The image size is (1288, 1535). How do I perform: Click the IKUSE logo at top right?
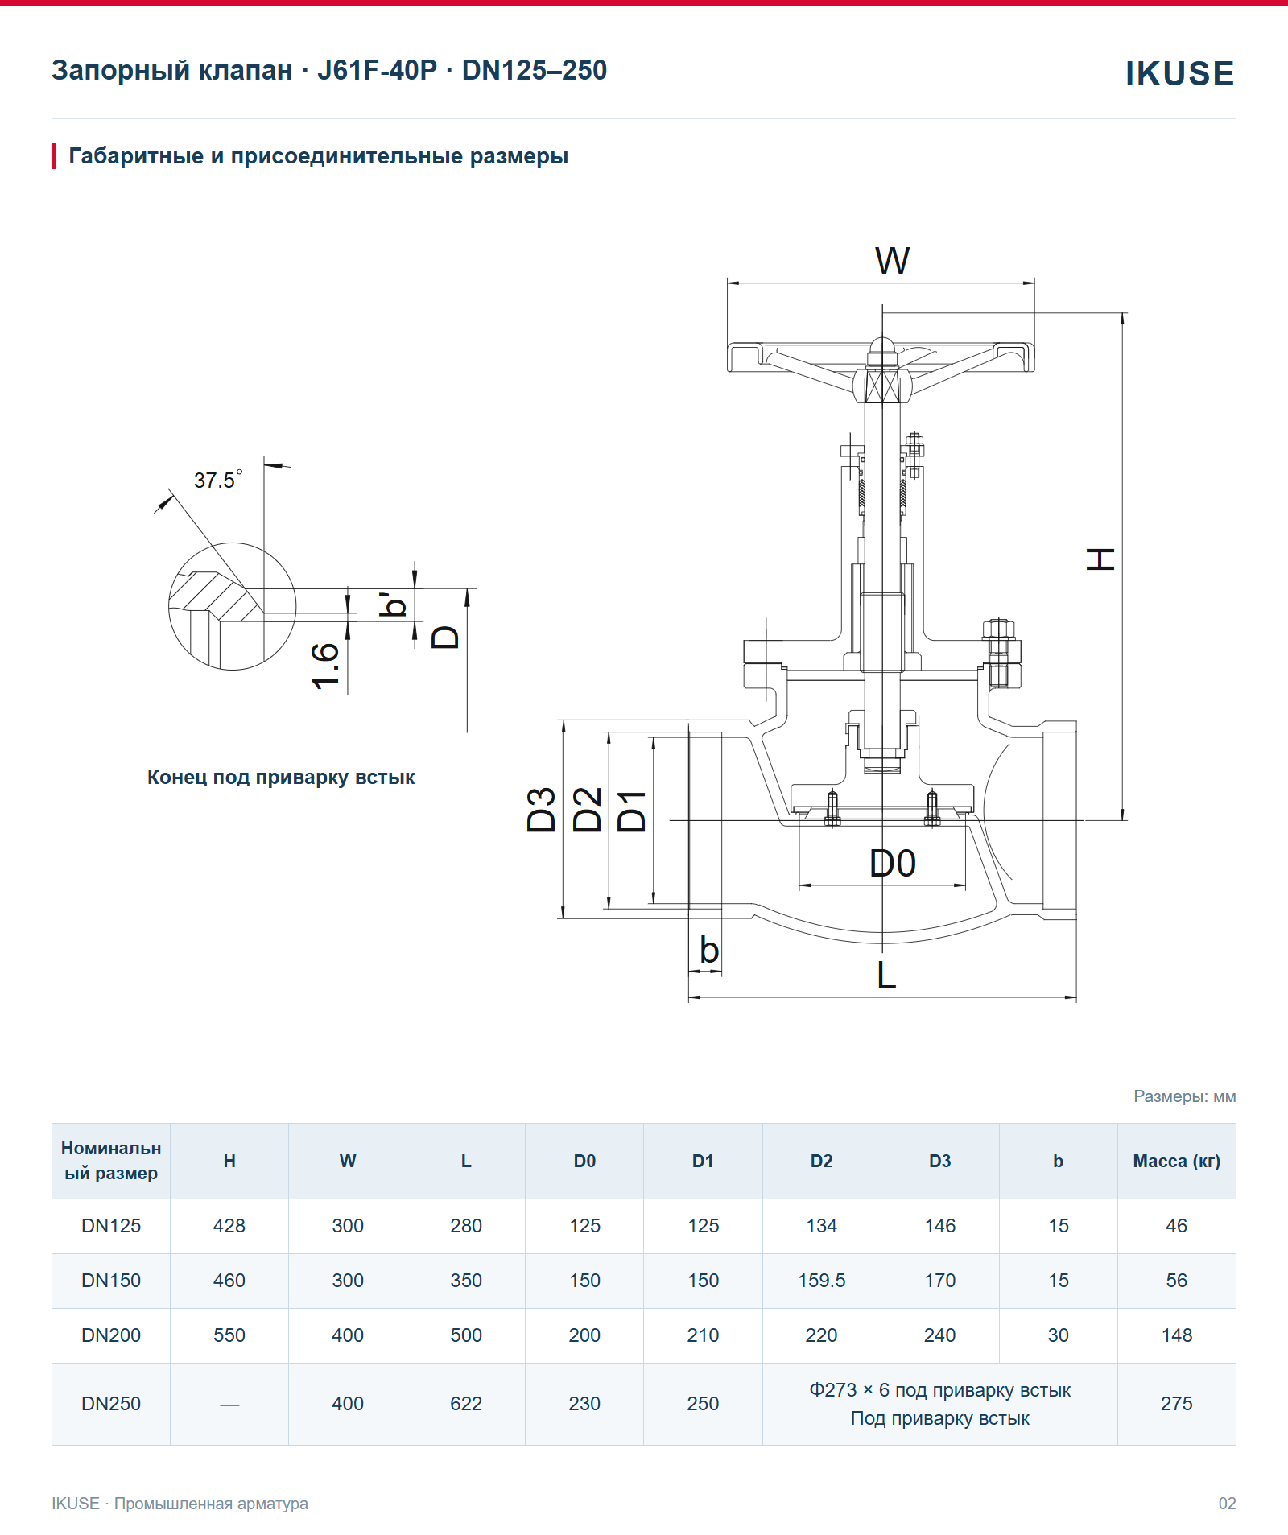tap(1179, 73)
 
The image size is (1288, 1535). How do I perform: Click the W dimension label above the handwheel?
tap(892, 261)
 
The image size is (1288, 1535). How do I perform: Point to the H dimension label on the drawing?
tap(1101, 559)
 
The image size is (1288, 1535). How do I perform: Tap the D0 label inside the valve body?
tap(893, 864)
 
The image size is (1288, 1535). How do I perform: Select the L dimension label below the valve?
tap(886, 975)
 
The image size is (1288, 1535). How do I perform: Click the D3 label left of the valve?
tap(542, 810)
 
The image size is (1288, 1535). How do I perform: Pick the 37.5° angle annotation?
tap(218, 480)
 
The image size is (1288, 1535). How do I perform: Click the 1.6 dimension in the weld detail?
tap(325, 666)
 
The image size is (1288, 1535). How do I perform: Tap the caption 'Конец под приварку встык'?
tap(281, 778)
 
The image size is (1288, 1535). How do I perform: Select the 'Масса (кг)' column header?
tap(1176, 1161)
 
